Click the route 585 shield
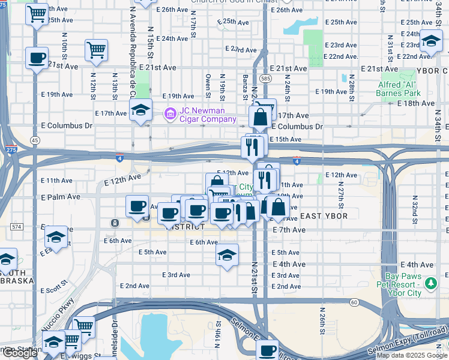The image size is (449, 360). coord(265,79)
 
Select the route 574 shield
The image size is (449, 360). coord(16,226)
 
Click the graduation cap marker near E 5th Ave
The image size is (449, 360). coord(227,255)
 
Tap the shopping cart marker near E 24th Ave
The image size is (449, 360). coord(96,50)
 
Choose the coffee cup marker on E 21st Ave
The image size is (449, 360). coord(37,58)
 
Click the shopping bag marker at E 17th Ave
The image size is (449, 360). coord(260,116)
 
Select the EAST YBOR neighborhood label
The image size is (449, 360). coord(323,216)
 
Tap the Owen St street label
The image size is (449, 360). coord(208,85)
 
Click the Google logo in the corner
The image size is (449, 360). coord(20,353)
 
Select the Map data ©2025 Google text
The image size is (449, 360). coord(411,355)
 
